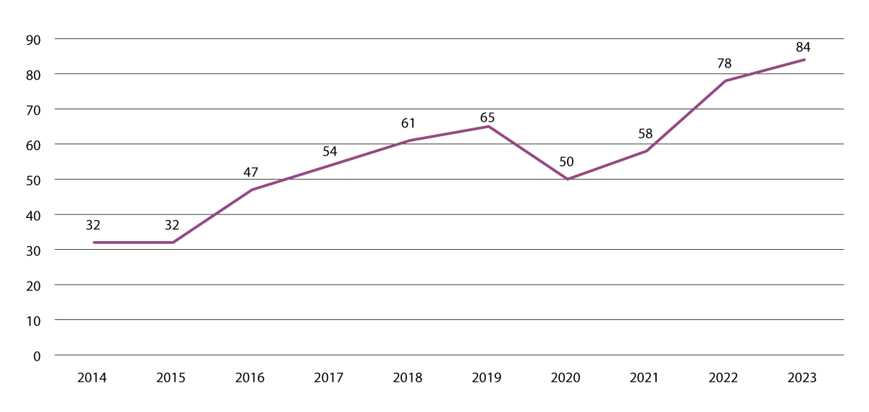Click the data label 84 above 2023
(x=802, y=47)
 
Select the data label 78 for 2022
(x=723, y=64)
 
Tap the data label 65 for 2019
(x=487, y=117)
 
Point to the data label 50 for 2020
(x=566, y=162)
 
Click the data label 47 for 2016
(x=251, y=173)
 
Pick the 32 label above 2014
(x=93, y=225)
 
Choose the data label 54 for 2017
(x=329, y=151)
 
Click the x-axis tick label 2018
(x=408, y=378)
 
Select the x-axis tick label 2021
(x=645, y=378)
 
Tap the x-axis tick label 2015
(x=172, y=378)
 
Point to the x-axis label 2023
(x=802, y=378)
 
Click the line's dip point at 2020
(x=567, y=179)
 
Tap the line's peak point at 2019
(x=488, y=127)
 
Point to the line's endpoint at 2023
(x=804, y=59)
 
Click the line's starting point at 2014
(x=94, y=243)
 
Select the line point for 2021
(x=646, y=151)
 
